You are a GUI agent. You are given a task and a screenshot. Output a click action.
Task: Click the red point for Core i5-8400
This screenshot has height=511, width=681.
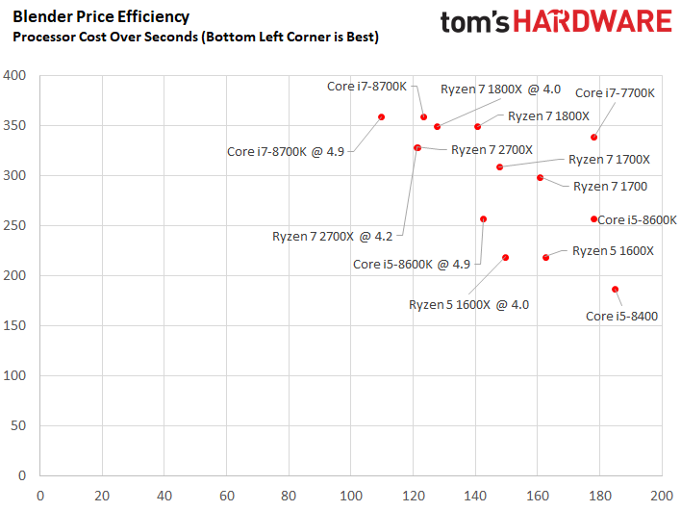click(615, 290)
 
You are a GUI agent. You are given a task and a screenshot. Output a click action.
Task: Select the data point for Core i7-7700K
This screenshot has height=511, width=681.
click(593, 138)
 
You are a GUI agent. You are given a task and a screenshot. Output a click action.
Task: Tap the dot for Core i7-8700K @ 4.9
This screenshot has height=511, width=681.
click(381, 116)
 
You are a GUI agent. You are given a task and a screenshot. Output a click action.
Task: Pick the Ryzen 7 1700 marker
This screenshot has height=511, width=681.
click(540, 177)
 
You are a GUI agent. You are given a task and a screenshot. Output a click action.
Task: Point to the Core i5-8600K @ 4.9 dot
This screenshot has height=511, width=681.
click(484, 219)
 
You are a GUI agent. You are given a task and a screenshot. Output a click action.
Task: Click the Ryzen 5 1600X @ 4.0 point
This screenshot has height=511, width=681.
click(505, 258)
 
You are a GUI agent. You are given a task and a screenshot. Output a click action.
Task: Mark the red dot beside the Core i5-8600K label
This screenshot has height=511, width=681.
click(593, 219)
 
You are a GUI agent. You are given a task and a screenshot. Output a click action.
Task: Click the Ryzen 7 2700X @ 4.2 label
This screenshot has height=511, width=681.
click(332, 237)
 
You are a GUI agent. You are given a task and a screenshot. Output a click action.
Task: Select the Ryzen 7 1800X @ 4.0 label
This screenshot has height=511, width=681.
click(501, 89)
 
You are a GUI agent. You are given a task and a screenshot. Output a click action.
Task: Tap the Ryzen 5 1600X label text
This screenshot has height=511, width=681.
click(613, 251)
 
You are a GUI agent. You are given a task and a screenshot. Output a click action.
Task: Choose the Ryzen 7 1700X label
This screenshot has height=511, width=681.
click(609, 160)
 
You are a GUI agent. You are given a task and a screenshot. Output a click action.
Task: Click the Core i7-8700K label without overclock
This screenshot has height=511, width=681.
click(367, 86)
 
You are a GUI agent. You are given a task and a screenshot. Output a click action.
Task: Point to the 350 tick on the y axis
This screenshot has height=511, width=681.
click(14, 125)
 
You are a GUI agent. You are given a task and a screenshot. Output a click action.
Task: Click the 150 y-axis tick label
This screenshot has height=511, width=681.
click(14, 325)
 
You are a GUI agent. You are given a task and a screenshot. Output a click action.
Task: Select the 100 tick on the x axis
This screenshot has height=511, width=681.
click(351, 496)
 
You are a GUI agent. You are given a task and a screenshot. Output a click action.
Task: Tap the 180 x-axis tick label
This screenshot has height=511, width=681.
click(600, 496)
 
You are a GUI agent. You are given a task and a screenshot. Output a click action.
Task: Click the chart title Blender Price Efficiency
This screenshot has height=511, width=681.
click(101, 16)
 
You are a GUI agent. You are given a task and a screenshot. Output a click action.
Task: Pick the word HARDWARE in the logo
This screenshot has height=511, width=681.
click(593, 21)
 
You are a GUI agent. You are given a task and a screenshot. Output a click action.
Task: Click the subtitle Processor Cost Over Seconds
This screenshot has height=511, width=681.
click(106, 37)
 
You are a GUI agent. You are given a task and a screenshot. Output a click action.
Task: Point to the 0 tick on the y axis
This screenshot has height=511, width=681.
click(22, 475)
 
